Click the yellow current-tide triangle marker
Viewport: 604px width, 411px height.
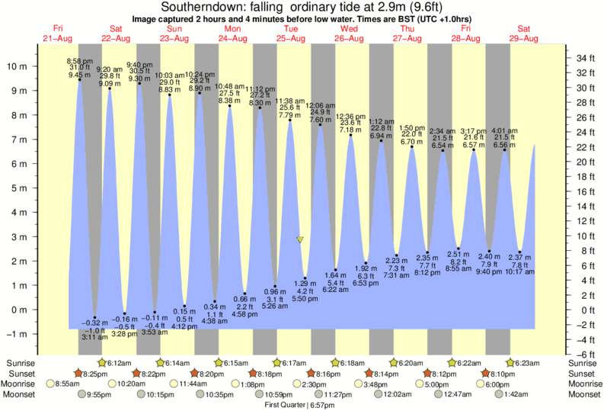coord(300,239)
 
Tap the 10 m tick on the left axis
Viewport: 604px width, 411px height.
coord(17,66)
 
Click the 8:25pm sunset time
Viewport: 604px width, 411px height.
coord(94,374)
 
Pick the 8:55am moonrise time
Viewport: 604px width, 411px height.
coord(73,384)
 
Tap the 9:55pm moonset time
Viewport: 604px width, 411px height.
coord(101,395)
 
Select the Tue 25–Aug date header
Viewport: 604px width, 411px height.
coord(291,33)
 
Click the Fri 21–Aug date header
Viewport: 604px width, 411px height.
coord(58,33)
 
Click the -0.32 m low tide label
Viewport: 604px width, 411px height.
coord(94,323)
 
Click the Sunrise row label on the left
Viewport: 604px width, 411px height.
coord(19,362)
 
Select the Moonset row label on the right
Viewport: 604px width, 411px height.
coord(584,395)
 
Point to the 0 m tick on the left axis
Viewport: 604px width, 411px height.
coord(20,310)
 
